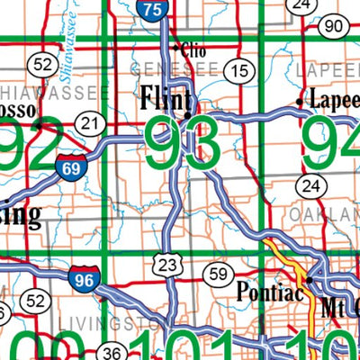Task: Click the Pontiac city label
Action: click(x=267, y=292)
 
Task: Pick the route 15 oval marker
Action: click(x=238, y=70)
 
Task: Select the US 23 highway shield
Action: click(x=166, y=265)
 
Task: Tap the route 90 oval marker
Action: click(x=334, y=26)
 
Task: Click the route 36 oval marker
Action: click(x=112, y=352)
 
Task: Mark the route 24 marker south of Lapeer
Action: click(x=310, y=186)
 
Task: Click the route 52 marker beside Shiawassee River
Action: click(x=41, y=64)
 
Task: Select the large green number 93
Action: click(x=182, y=145)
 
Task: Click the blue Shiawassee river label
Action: click(x=75, y=40)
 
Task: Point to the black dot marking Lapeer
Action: click(x=300, y=102)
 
